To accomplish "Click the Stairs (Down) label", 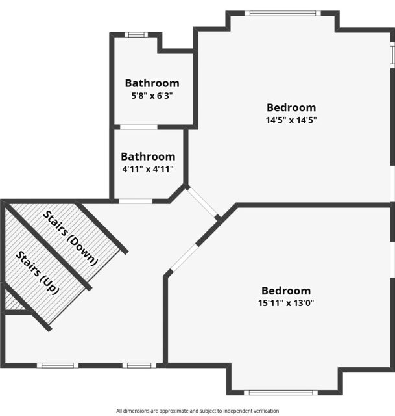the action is click(71, 239).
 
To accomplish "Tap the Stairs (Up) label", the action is click(37, 273).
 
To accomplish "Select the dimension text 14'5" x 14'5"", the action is click(291, 120).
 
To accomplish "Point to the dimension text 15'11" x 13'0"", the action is click(286, 303).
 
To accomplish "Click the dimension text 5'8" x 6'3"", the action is click(152, 96).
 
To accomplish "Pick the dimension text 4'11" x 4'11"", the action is click(148, 169).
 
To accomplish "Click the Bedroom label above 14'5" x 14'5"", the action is click(291, 107).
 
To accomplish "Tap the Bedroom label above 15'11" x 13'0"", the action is click(286, 291).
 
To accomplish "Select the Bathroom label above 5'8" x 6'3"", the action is click(152, 83).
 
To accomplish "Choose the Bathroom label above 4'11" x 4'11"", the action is click(148, 157).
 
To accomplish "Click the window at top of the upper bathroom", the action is click(136, 34).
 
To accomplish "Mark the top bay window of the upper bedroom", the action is click(283, 13).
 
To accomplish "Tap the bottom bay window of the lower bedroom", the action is click(281, 393).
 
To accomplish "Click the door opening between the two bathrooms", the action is click(139, 127).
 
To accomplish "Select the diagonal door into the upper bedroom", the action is click(202, 202).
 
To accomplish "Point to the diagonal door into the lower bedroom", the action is click(184, 257).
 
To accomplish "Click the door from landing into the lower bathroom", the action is click(136, 201).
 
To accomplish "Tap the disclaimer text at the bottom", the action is click(197, 411).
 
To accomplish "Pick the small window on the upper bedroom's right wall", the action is click(392, 55).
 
